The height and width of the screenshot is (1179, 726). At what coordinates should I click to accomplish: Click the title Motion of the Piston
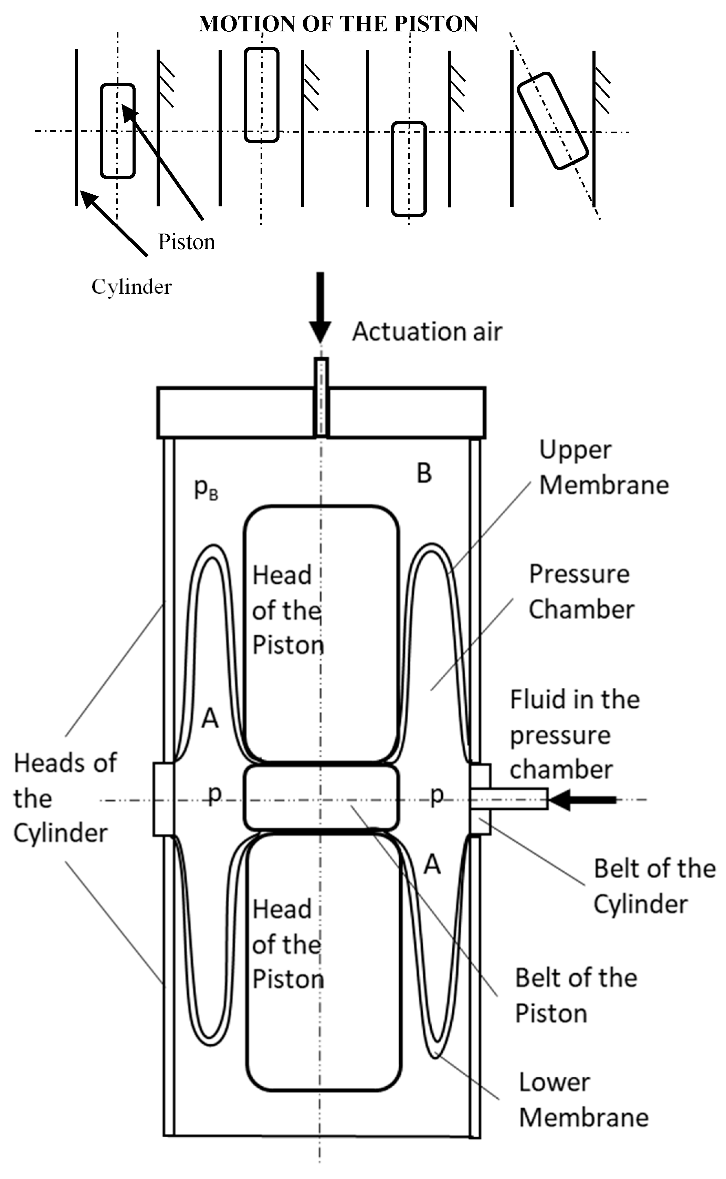point(338,24)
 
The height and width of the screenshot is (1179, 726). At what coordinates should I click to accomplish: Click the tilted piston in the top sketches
point(553,121)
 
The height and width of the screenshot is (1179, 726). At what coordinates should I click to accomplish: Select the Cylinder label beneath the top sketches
point(131,287)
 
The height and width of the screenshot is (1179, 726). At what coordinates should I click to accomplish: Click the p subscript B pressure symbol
point(206,489)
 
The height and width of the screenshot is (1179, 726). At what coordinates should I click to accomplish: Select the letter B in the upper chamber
point(424,473)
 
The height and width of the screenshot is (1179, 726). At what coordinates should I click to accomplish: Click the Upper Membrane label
point(603,468)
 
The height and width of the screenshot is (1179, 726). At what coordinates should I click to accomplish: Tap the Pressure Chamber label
point(581,592)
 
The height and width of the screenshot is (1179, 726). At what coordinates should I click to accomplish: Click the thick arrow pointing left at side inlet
point(582,799)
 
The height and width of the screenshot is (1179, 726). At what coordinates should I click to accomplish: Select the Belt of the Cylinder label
point(654,886)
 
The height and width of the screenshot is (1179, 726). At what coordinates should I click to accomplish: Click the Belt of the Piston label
point(575,996)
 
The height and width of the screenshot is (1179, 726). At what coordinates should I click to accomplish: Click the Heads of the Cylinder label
point(64,798)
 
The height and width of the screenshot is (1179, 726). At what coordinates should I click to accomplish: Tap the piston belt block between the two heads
point(321,798)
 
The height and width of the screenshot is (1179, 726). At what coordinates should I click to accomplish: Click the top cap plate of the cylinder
point(240,412)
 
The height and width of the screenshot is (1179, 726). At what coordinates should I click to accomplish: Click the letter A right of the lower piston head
point(432,865)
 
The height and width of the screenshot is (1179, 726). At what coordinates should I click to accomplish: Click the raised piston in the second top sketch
point(261,95)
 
